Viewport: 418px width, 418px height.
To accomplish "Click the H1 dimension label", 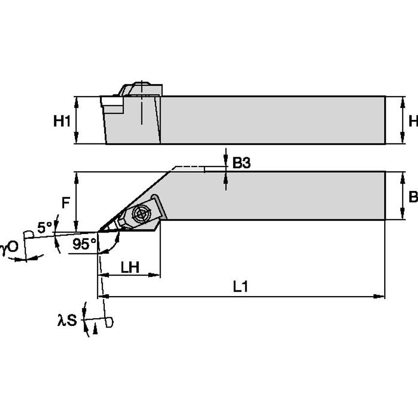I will pos(62,121).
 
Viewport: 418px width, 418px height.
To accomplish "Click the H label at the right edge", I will pos(413,121).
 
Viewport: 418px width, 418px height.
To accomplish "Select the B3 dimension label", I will pos(241,163).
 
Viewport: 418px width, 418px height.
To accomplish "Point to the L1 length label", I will pos(240,287).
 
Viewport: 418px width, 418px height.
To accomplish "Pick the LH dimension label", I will pos(130,267).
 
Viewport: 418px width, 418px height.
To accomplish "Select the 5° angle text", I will pos(45,228).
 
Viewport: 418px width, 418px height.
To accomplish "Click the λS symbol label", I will pos(67,321).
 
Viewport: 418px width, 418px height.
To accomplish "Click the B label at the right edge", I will pos(413,197).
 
